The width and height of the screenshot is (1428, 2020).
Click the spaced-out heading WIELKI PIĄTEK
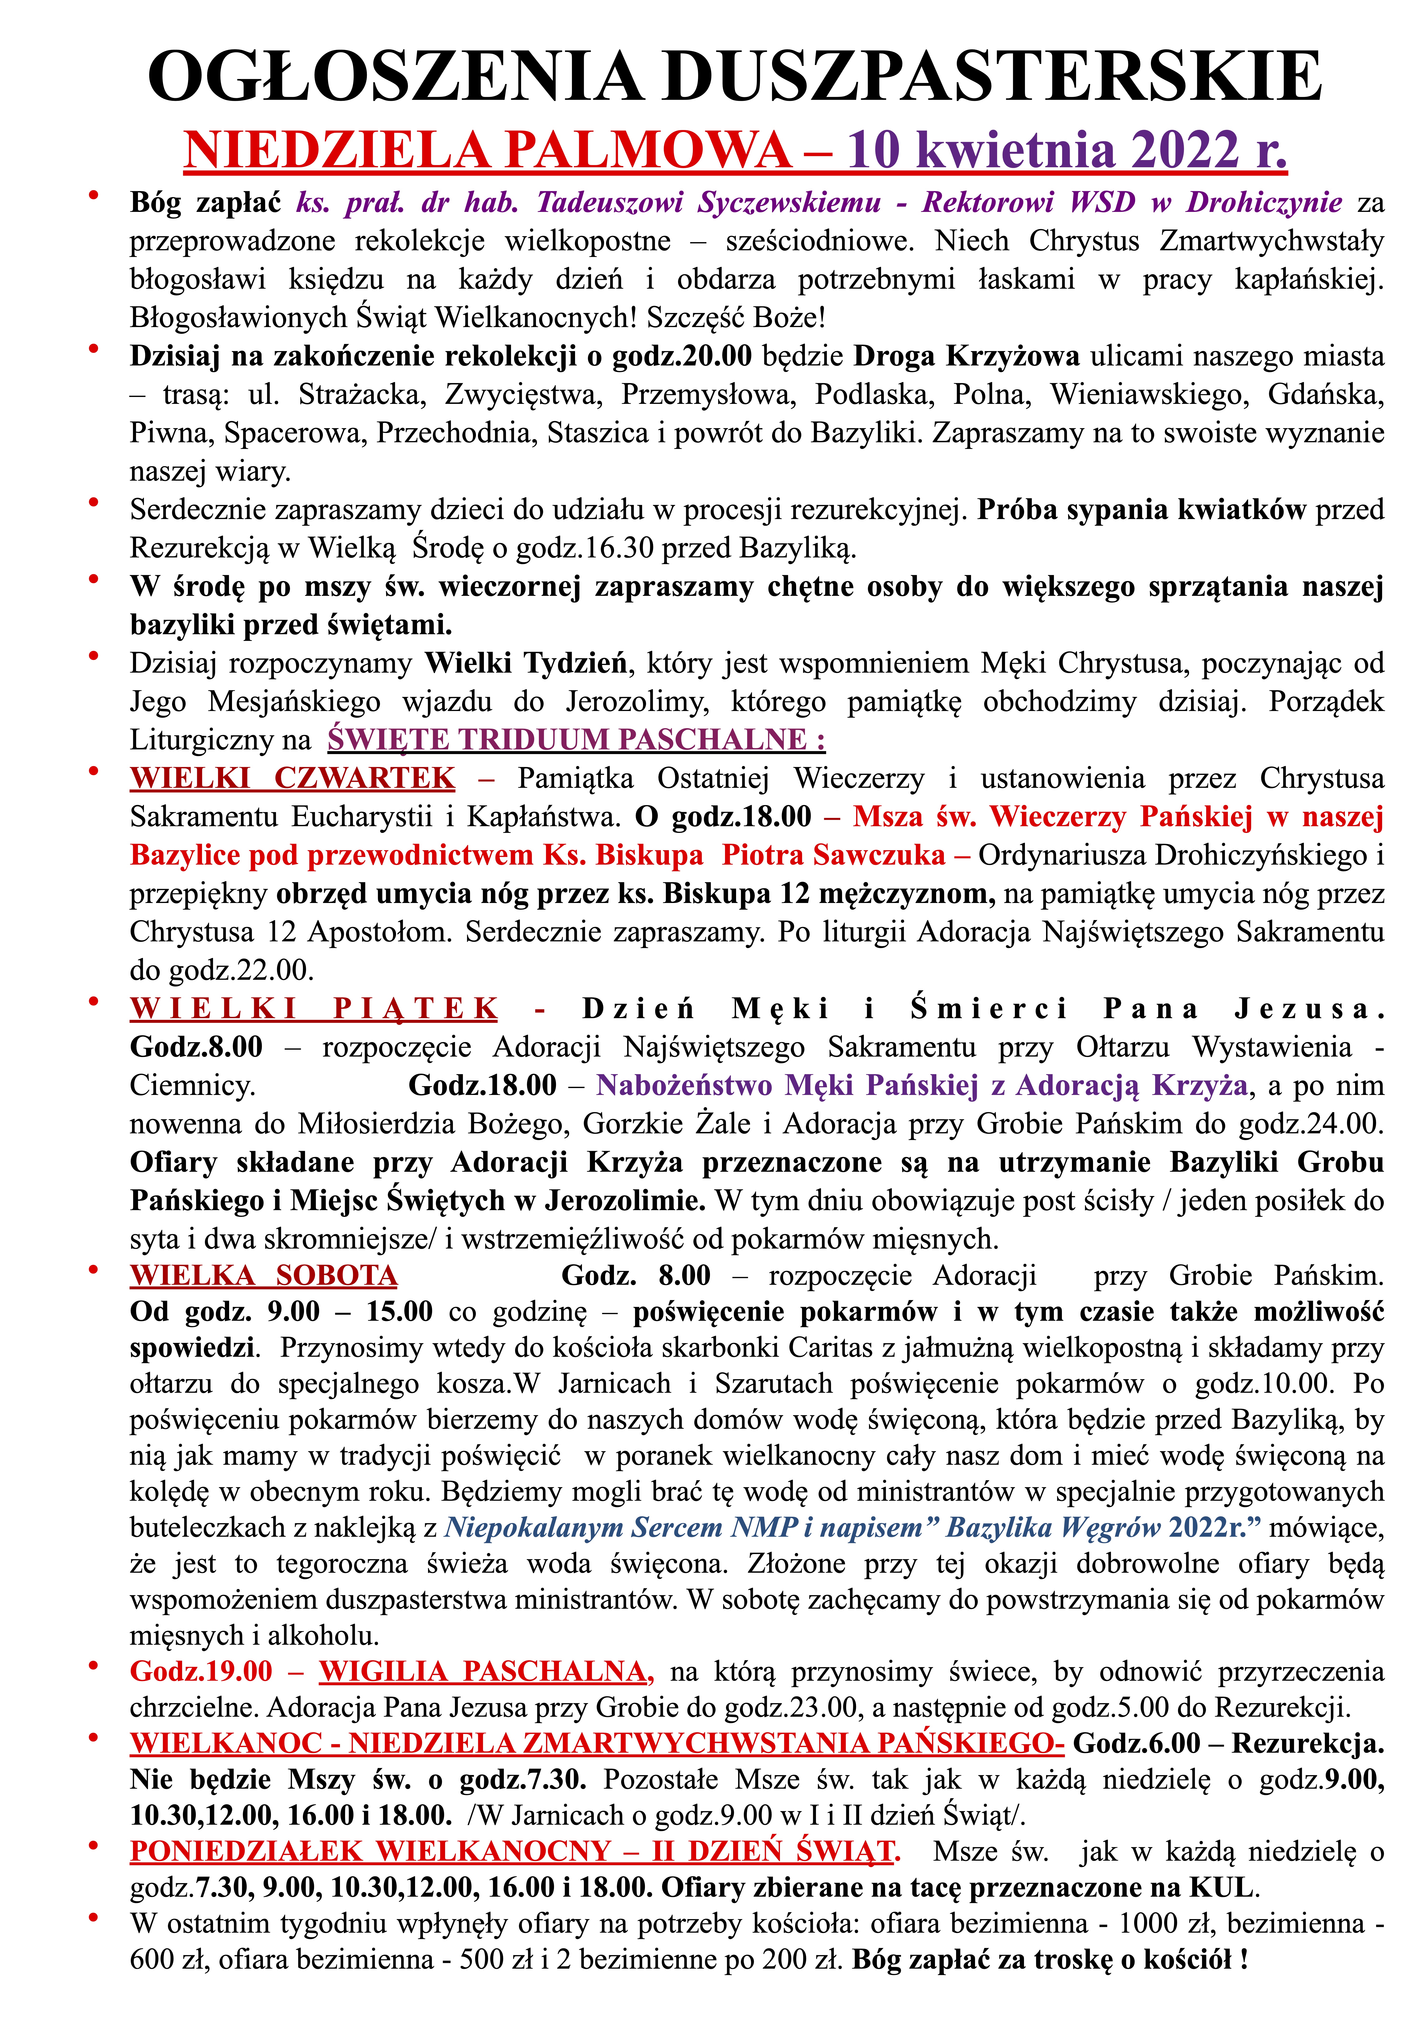314,1008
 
